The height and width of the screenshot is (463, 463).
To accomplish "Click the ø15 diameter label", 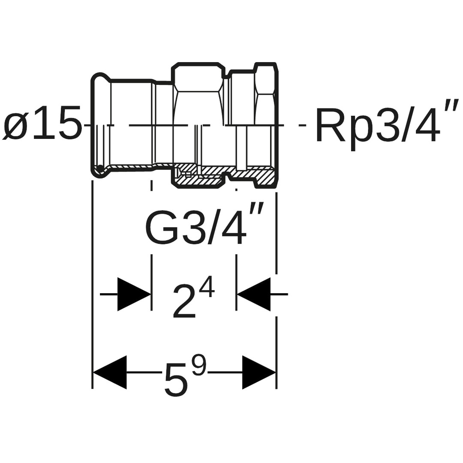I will (42, 124).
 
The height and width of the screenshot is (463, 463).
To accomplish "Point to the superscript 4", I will (206, 287).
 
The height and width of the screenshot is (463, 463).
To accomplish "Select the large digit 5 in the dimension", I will (176, 380).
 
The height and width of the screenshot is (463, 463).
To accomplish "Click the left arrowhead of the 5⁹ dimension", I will (110, 372).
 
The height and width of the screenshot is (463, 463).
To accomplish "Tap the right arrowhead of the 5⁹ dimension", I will (259, 372).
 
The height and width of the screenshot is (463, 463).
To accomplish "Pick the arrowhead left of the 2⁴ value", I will (134, 294).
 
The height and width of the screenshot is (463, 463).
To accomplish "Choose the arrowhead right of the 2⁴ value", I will (254, 294).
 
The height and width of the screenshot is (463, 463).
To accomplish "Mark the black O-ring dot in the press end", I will (100, 168).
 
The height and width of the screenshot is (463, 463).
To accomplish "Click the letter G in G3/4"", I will (162, 228).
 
